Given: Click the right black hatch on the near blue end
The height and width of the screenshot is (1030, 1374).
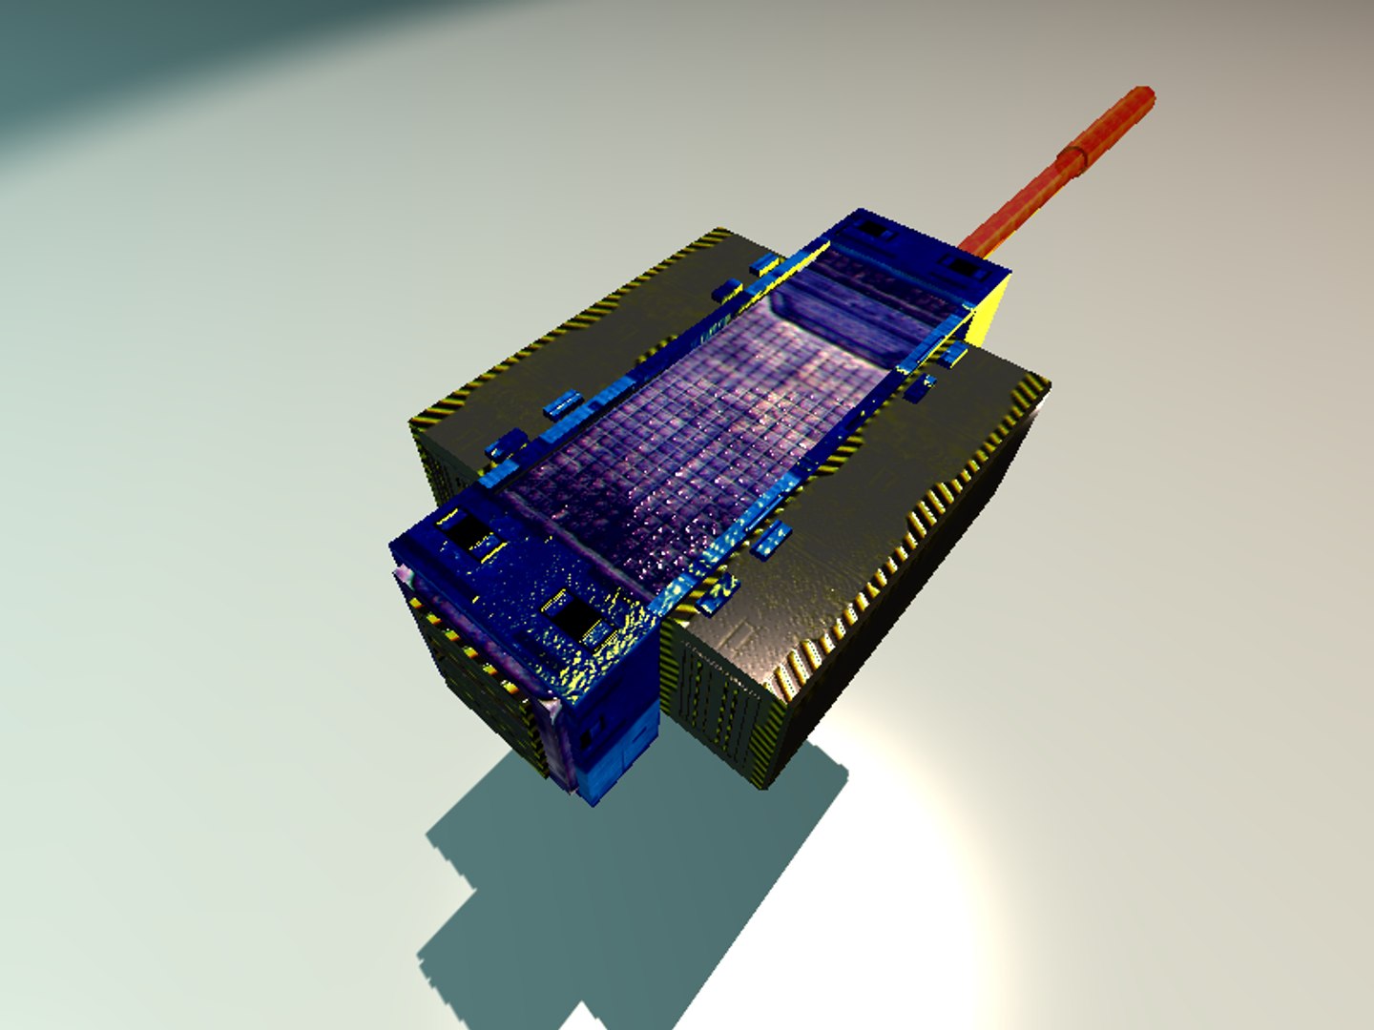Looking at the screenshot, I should [x=574, y=620].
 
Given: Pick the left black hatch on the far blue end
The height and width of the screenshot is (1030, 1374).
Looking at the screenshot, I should [x=872, y=230].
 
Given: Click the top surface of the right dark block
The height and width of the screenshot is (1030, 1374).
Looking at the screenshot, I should [x=859, y=534].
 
